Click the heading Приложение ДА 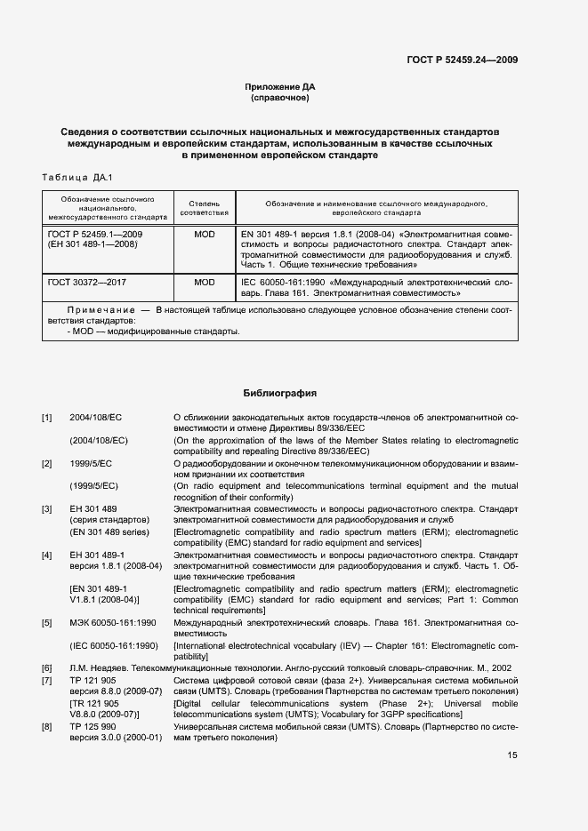coord(280,86)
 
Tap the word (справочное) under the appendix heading coord(280,97)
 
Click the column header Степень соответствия coord(205,209)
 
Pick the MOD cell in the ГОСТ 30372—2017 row coord(205,282)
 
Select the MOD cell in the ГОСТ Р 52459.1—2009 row coord(205,235)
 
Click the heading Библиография coord(280,393)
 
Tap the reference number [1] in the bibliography coord(47,417)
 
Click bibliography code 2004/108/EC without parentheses coord(96,417)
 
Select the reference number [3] coord(47,509)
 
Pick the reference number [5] coord(47,624)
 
